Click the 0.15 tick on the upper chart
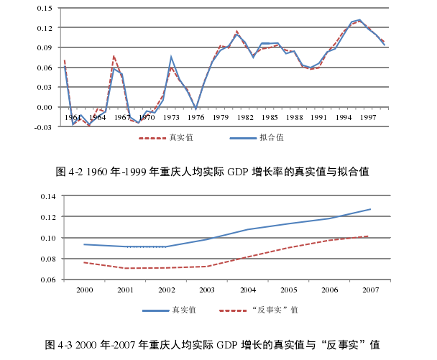tap(44, 8)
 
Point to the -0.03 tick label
tap(43, 127)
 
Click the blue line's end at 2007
tap(370, 209)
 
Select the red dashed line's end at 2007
tap(370, 236)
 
